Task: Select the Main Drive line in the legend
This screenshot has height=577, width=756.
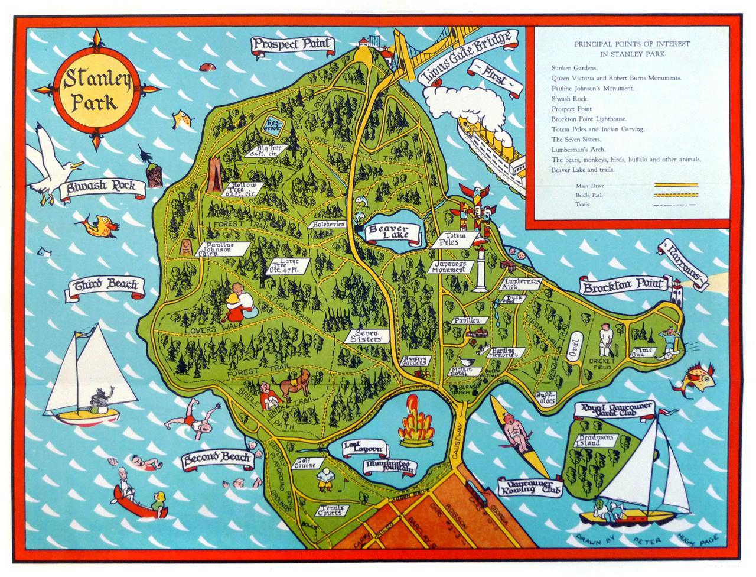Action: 675,185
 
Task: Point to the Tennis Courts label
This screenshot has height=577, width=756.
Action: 330,510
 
